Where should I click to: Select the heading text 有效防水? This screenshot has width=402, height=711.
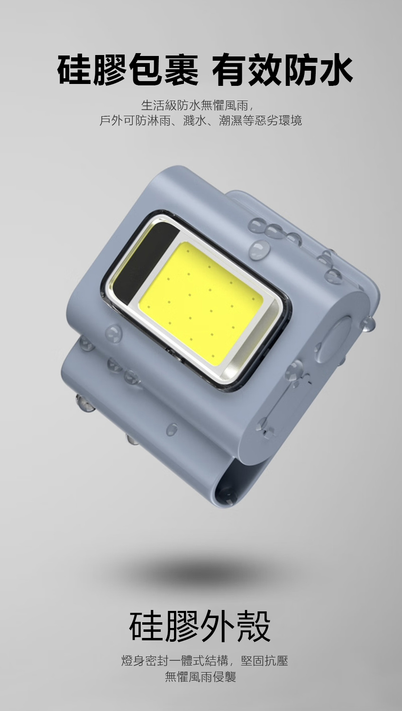coord(283,70)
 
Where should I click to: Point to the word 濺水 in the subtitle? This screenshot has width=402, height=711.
coord(194,120)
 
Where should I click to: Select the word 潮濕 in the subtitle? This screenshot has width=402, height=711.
coord(231,120)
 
